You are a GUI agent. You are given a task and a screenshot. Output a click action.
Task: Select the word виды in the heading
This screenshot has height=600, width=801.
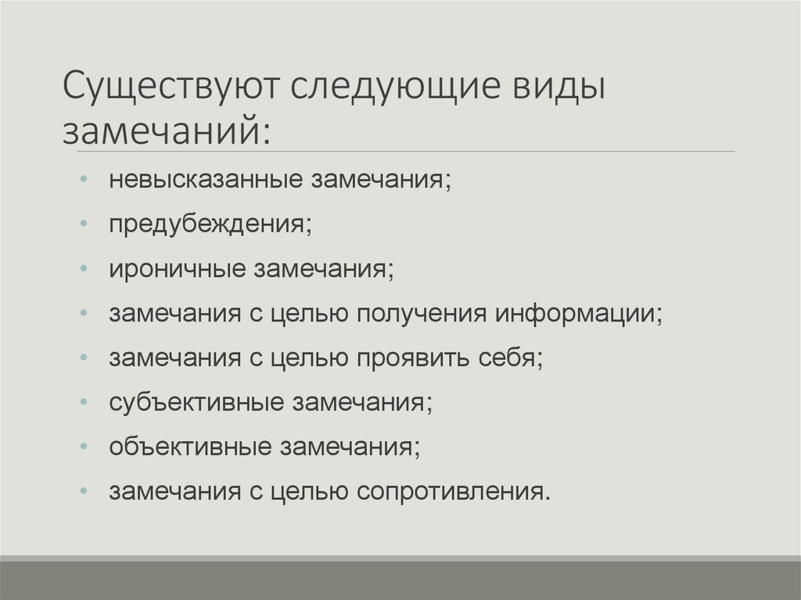pos(559,88)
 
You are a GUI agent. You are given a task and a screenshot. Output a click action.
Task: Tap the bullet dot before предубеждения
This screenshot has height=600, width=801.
pos(84,225)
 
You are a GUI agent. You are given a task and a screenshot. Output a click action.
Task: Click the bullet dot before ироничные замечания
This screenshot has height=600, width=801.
pos(84,270)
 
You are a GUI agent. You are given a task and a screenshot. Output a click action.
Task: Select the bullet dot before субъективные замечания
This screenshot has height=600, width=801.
pos(84,404)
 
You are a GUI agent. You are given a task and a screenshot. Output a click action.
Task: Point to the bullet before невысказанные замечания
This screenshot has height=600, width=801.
pos(84,181)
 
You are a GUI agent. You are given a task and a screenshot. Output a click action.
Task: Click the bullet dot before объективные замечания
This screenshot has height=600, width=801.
pos(84,448)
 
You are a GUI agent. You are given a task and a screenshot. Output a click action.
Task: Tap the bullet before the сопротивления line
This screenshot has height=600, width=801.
pos(84,493)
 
